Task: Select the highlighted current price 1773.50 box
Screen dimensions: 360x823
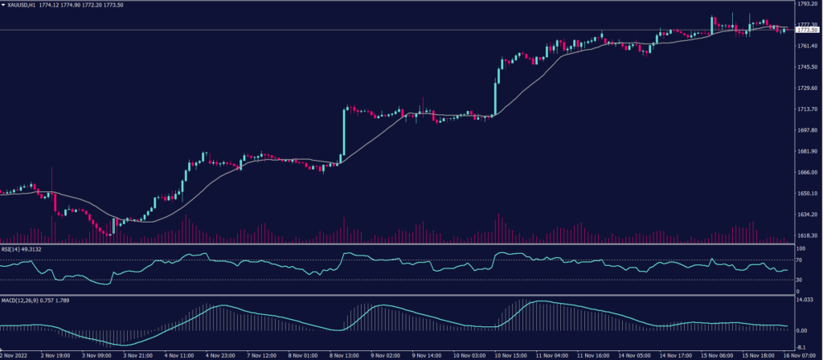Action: pos(806,30)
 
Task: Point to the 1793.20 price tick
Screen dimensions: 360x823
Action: pos(806,4)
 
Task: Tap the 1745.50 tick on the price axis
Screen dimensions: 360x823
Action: pos(806,67)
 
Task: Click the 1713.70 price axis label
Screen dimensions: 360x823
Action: pos(806,109)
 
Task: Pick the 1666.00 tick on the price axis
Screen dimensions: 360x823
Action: pos(806,172)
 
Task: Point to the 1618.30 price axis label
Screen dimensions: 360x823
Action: pos(806,235)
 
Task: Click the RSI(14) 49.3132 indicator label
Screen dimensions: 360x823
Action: pos(21,249)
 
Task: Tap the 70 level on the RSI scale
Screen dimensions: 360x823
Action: pos(800,260)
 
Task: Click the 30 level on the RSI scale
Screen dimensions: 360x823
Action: pos(800,280)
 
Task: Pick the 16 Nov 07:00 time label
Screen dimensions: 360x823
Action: pos(799,354)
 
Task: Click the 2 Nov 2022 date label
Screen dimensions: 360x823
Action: pos(14,354)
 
